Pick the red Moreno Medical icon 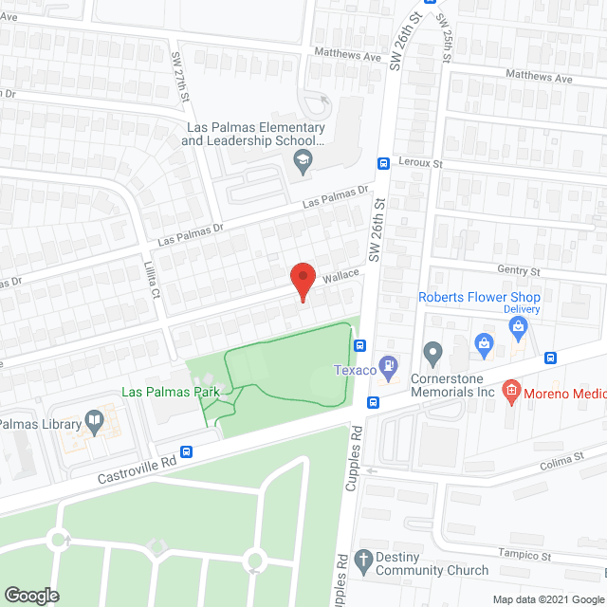510,389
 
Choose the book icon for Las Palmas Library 94,420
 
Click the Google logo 31,595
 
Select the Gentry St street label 518,271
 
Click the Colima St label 559,460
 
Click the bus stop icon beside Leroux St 383,162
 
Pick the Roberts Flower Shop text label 480,297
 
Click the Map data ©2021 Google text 547,599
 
